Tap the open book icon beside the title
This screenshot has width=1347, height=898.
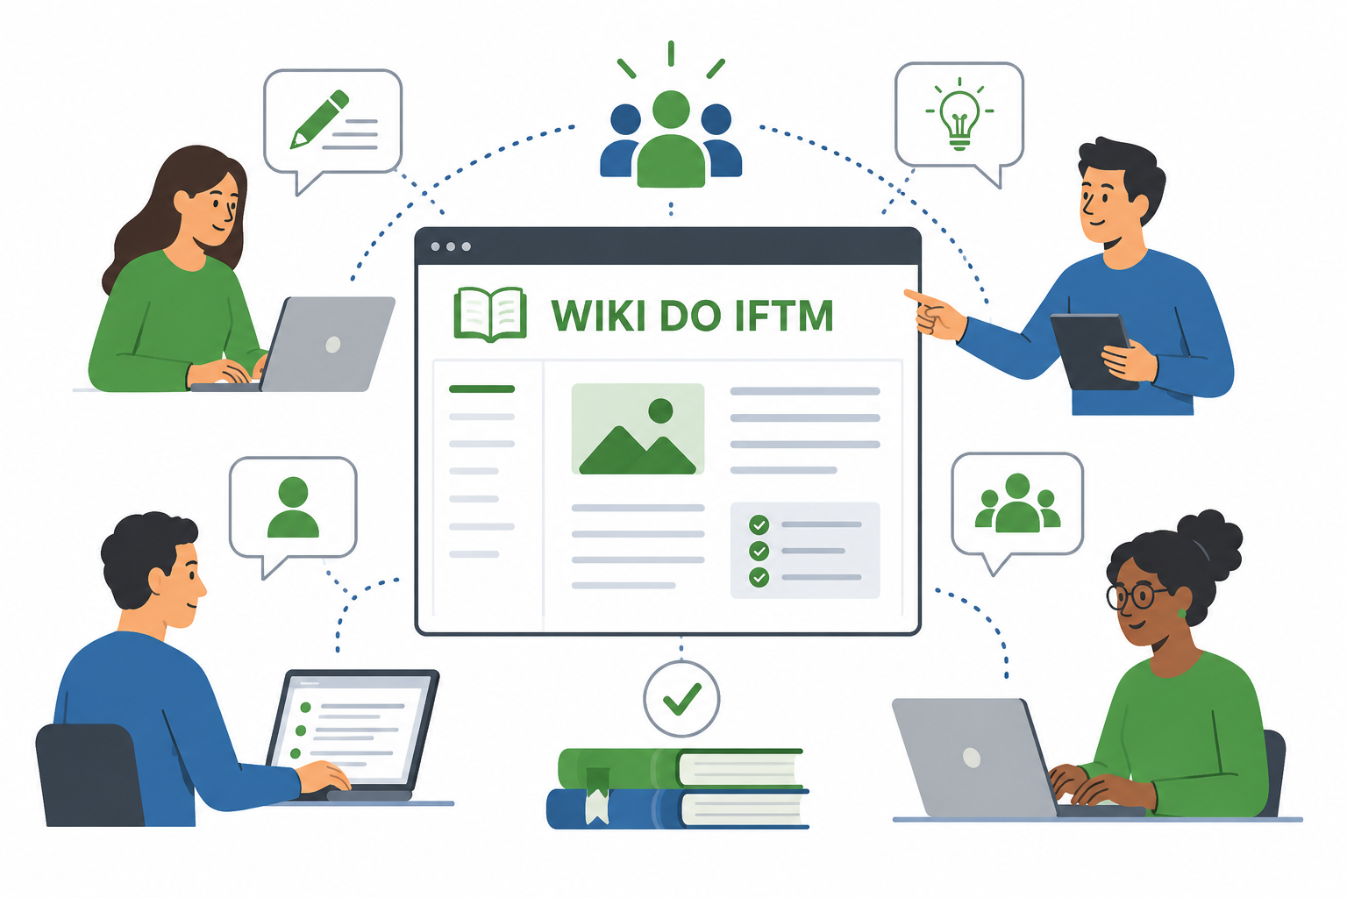click(x=490, y=315)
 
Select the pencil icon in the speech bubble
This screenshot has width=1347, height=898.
click(x=319, y=118)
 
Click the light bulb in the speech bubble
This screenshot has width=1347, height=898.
click(x=959, y=117)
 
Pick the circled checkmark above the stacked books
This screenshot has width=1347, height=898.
click(x=681, y=698)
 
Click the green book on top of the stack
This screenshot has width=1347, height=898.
click(x=681, y=769)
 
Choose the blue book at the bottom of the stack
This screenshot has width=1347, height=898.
click(x=678, y=809)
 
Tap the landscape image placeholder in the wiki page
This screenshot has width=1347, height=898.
click(x=638, y=429)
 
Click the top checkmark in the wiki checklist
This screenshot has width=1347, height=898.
click(x=759, y=525)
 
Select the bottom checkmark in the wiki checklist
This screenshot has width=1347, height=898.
click(x=759, y=577)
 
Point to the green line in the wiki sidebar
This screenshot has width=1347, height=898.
click(x=481, y=389)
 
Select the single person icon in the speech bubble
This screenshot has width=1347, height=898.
click(x=294, y=507)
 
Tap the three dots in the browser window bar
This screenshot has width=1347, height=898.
click(x=451, y=246)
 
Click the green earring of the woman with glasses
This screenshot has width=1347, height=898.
click(x=1181, y=614)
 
